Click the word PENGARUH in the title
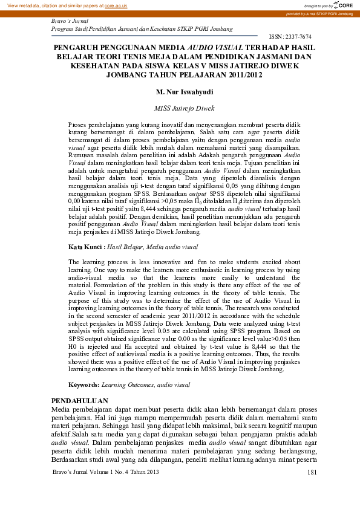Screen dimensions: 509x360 [73, 47]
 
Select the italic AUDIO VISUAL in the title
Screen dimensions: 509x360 [208, 47]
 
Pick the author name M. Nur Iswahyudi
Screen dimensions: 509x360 [180, 92]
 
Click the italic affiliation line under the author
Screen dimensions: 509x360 [180, 108]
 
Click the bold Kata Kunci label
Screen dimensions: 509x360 [87, 247]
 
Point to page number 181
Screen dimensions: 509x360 [312, 489]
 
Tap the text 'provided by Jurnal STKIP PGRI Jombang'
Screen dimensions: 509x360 [319, 13]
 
